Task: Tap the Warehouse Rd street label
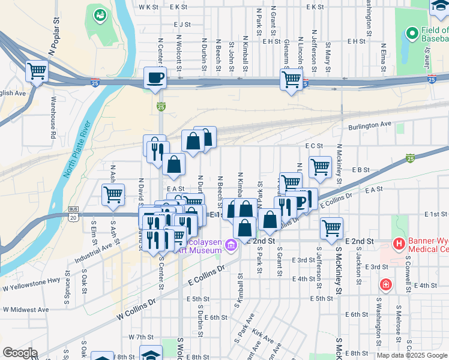(53, 118)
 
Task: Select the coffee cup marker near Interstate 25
(155, 78)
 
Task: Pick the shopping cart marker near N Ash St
(113, 194)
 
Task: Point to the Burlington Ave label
(370, 125)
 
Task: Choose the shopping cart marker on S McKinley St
(331, 227)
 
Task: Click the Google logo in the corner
(20, 353)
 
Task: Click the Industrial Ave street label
(94, 254)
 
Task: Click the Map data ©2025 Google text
(412, 355)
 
